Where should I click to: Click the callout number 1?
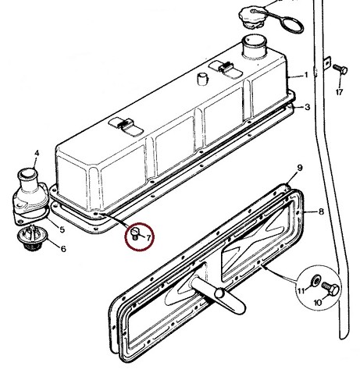[306, 75]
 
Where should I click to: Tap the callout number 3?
[308, 107]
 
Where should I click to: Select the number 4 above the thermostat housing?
[37, 153]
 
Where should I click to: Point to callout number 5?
[62, 229]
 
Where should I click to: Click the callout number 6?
[63, 249]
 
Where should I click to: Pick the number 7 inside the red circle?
[148, 238]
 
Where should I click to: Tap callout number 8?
[321, 211]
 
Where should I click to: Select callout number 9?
[300, 168]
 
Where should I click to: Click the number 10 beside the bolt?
[318, 303]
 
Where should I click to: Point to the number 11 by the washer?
[301, 290]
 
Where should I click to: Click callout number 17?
[339, 92]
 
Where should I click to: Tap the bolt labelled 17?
[340, 69]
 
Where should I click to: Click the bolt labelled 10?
[330, 289]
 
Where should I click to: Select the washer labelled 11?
[316, 280]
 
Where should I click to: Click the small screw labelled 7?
[135, 233]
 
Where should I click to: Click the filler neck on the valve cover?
[254, 46]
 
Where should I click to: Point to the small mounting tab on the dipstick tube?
[327, 63]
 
